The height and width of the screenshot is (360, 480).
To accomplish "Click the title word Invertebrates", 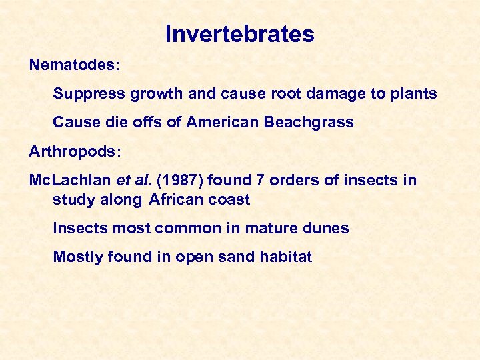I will coord(239,34).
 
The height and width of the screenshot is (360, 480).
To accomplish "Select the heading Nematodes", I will coord(73,65).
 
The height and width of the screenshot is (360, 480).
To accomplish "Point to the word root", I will coord(281,94).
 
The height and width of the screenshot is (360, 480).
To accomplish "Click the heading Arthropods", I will coord(74,151).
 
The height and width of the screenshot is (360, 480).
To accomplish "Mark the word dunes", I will coord(327,228).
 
